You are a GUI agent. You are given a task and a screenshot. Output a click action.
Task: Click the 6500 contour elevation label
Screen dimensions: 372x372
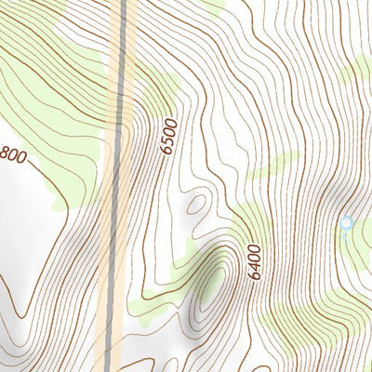pos(168,136)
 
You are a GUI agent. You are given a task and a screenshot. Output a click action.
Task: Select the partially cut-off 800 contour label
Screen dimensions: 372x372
pos(12,154)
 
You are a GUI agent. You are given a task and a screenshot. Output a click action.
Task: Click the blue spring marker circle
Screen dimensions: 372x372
pos(347,223)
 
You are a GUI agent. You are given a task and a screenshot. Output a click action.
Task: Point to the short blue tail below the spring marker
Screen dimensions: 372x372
pos(345,237)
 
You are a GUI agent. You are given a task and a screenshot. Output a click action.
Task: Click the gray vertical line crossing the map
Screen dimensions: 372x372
pos(119,186)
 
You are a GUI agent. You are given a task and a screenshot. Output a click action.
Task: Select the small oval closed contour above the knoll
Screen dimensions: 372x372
pos(196,204)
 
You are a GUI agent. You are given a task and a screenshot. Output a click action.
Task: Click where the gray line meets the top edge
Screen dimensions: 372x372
pos(123,2)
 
